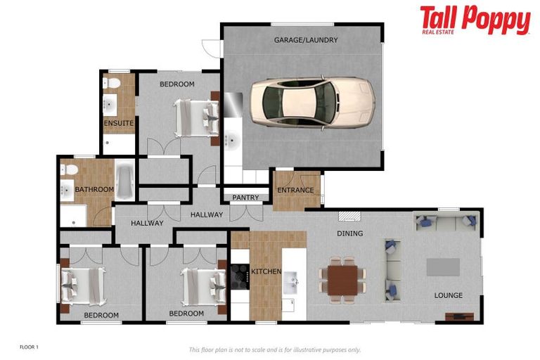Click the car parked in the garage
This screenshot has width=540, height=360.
(x=311, y=103)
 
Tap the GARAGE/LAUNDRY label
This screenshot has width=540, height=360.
(x=306, y=40)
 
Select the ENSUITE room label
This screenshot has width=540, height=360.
(x=119, y=124)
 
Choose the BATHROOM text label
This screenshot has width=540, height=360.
(x=94, y=189)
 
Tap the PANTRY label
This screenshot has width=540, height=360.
(x=245, y=198)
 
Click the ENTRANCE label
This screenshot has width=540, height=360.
(x=295, y=190)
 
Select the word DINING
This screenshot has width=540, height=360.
(x=349, y=233)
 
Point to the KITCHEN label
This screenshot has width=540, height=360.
(x=266, y=271)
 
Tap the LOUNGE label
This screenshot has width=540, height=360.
(x=448, y=295)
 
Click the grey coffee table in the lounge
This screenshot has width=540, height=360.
(x=443, y=267)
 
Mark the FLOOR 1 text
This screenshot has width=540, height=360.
(x=29, y=347)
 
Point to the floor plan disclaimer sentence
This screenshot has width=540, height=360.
(x=275, y=349)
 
